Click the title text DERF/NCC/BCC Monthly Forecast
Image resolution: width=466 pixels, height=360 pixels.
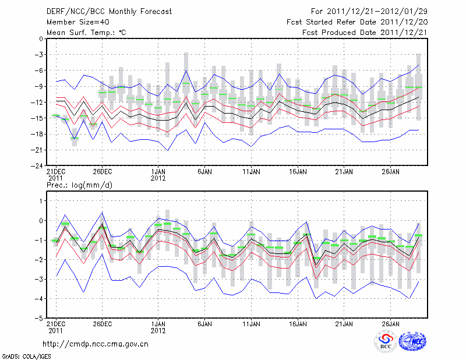[107, 11]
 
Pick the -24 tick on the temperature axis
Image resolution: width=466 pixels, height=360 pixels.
[37, 165]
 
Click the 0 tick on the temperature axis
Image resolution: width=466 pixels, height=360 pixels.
[40, 39]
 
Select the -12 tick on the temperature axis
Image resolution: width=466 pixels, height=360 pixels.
[37, 103]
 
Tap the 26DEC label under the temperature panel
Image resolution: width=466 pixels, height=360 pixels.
[103, 172]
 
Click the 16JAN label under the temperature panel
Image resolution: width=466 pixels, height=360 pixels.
[298, 172]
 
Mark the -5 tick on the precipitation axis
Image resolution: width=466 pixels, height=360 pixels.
[38, 319]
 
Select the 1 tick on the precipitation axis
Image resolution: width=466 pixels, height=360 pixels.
[40, 201]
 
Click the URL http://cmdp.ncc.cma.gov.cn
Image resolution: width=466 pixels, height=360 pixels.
[96, 344]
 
